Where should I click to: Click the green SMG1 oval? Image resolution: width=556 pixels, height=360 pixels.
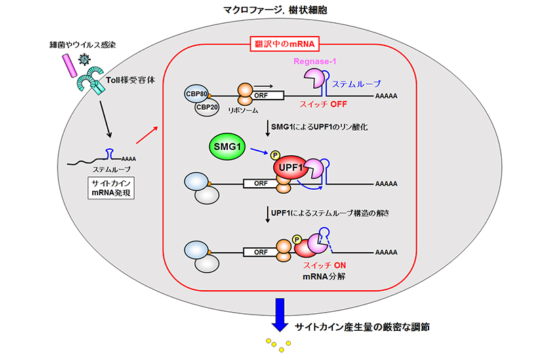(227, 146)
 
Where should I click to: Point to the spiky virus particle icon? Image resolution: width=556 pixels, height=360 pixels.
(84, 60)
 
